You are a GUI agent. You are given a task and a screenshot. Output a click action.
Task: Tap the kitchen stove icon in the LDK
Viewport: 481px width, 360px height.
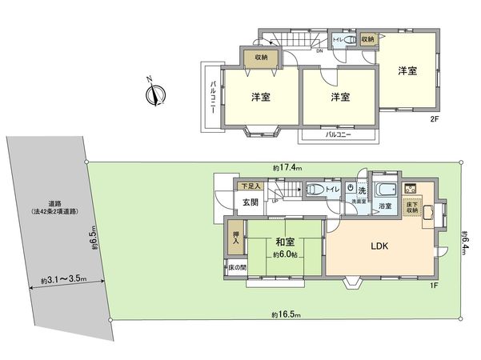click(x=414, y=189)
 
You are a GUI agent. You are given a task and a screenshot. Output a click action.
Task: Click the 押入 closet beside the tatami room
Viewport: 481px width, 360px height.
click(x=234, y=238)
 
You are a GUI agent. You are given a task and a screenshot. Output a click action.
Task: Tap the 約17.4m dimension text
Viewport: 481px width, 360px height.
click(x=286, y=168)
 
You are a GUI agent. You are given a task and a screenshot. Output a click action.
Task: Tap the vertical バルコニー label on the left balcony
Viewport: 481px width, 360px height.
click(x=213, y=98)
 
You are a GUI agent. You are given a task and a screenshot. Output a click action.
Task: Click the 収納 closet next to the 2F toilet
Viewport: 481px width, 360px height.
click(x=367, y=38)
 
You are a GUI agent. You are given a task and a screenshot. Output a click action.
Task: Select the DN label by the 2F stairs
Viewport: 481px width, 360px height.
click(x=320, y=52)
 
